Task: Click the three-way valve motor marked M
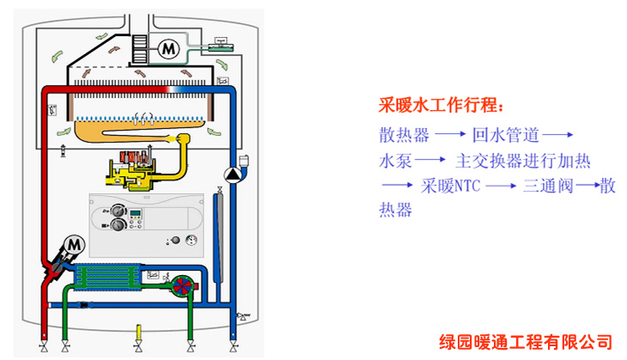point(72,245)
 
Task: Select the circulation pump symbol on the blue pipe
point(233,175)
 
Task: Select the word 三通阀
point(547,186)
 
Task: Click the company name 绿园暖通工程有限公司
point(527,340)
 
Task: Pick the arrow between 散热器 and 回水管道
point(450,136)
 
